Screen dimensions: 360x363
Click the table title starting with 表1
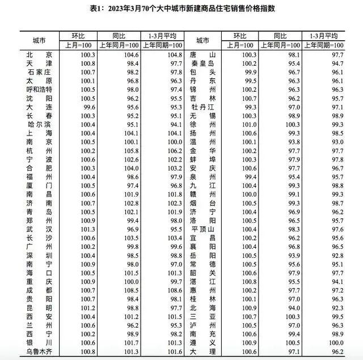coord(181,9)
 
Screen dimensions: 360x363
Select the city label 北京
coord(40,54)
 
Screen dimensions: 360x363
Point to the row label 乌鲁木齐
coord(40,351)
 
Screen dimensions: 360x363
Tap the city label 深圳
coord(40,256)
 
